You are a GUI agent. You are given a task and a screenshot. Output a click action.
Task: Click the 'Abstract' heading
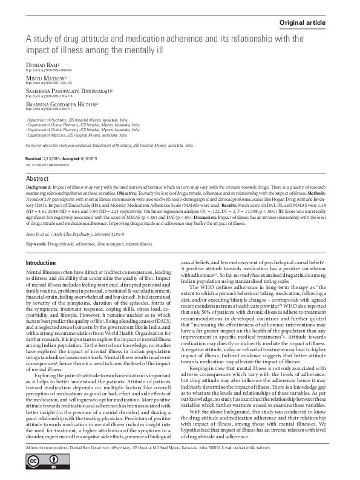(x=37, y=180)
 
